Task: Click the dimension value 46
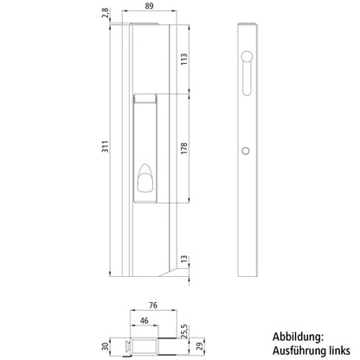pos(144,321)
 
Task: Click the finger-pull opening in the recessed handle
pos(143,183)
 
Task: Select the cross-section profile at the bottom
pos(144,345)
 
